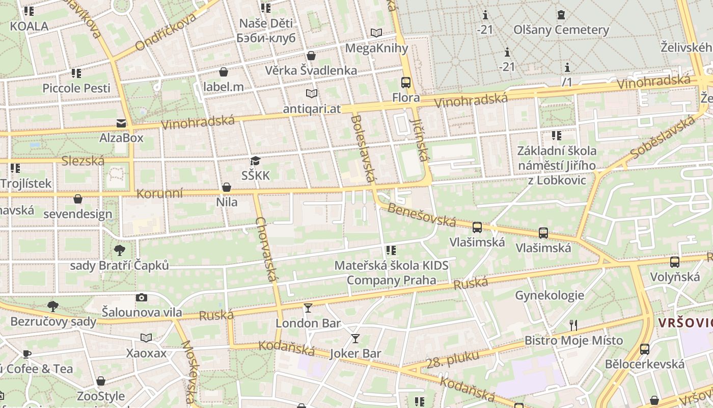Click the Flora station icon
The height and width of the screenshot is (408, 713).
[406, 82]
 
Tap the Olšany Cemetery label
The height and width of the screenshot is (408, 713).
[561, 30]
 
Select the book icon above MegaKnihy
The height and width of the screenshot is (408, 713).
[376, 33]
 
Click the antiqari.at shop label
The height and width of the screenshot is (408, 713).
[312, 109]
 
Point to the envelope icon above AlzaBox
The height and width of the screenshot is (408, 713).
[121, 123]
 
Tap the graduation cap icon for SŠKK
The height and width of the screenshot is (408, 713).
[255, 161]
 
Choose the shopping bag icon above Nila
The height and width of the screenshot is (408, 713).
[227, 188]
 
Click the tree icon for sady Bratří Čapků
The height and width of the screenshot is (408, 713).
[120, 250]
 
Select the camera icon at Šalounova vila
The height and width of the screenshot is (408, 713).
[142, 297]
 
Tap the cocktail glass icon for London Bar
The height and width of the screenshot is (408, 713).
[308, 308]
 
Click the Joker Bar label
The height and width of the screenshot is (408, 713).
[355, 353]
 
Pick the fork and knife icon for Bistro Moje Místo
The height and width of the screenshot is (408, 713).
[573, 325]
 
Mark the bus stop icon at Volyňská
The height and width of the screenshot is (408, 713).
[675, 262]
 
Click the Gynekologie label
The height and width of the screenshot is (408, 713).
[550, 295]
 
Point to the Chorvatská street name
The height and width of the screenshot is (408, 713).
[267, 249]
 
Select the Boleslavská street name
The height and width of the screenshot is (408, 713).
[363, 148]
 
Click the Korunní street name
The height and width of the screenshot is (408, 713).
[159, 194]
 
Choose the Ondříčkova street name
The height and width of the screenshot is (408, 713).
[166, 32]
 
